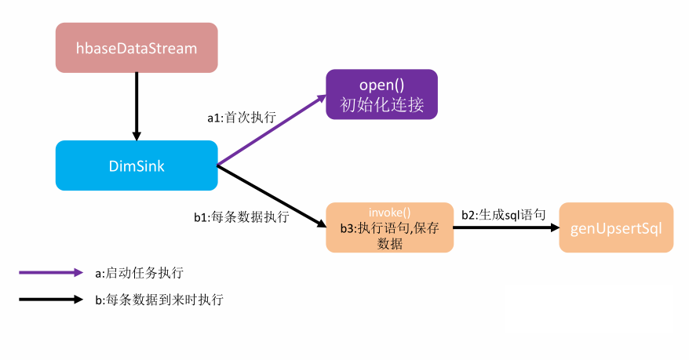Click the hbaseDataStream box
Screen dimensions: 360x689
(x=137, y=48)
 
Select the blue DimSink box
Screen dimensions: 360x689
(x=137, y=165)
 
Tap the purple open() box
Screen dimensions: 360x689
(x=381, y=94)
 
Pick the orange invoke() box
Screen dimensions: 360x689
(x=389, y=227)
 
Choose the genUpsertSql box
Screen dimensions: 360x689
(x=616, y=227)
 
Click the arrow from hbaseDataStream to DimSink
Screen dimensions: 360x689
(x=137, y=107)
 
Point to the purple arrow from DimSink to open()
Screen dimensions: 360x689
(x=271, y=131)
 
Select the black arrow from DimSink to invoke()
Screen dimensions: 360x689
(x=271, y=196)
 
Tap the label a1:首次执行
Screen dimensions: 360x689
(x=242, y=118)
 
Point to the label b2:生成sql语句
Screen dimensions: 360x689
(x=503, y=213)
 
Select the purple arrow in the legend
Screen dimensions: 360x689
(x=50, y=273)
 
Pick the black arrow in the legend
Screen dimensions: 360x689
(x=50, y=299)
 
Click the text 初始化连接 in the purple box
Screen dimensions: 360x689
(x=381, y=104)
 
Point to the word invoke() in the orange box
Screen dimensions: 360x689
(x=390, y=213)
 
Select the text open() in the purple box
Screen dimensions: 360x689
(x=381, y=84)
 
